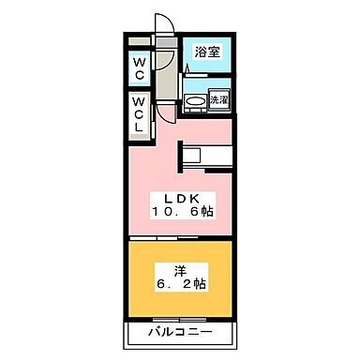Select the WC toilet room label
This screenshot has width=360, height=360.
[x=138, y=69]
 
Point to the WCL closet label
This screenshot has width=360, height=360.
[x=138, y=114]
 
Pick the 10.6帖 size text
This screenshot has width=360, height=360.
[x=184, y=212]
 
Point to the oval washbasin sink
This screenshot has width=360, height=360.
[x=196, y=101]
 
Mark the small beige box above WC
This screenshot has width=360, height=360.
[x=138, y=43]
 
